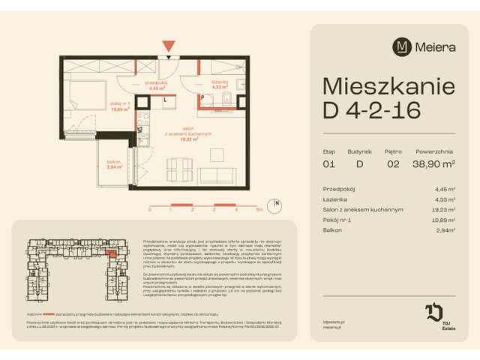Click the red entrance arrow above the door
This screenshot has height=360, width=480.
tap(172, 46)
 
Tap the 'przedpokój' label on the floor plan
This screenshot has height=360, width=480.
tap(157, 83)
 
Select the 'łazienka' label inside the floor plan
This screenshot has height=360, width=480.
tap(219, 83)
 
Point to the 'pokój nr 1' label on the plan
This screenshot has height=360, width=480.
tap(119, 103)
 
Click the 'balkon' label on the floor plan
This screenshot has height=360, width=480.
tap(112, 163)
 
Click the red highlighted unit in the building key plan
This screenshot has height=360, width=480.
tap(112, 254)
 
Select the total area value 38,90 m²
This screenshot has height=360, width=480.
tap(433, 163)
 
